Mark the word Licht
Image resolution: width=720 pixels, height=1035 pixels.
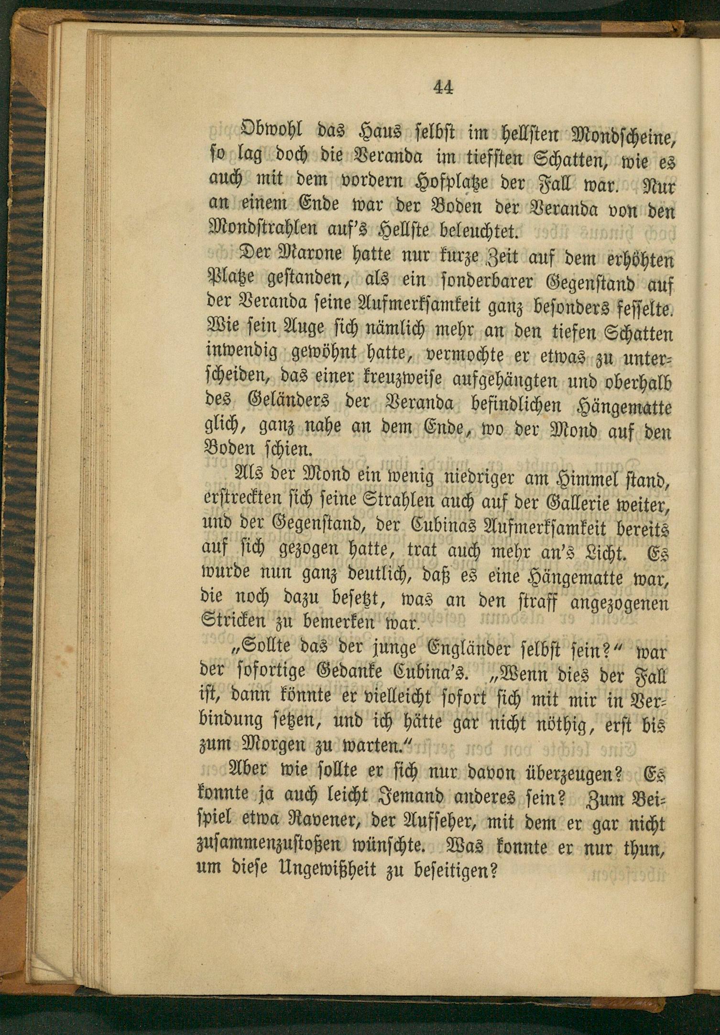(606, 554)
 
